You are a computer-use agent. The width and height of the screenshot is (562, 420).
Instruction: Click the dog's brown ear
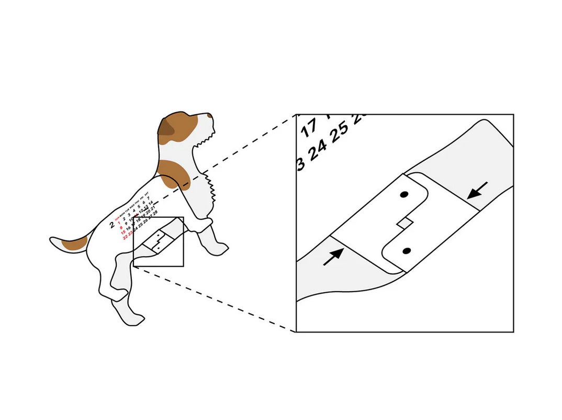coord(167,127)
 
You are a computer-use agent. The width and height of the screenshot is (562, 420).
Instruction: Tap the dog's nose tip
coord(210,115)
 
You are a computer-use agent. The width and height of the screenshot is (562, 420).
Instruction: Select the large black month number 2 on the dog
coord(111,225)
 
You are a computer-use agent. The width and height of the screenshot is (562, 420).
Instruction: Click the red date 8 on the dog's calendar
coord(121,228)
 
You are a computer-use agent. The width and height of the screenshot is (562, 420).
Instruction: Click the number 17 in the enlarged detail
coord(309,126)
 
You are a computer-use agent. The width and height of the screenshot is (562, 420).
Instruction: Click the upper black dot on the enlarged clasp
coord(403,195)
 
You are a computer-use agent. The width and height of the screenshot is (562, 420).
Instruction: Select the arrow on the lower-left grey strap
coord(333,257)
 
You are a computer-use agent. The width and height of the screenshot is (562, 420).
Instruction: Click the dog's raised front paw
coord(219,248)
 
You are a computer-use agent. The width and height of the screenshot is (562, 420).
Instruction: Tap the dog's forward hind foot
coord(135,317)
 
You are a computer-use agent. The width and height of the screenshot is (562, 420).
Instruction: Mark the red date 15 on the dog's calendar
coord(123,233)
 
